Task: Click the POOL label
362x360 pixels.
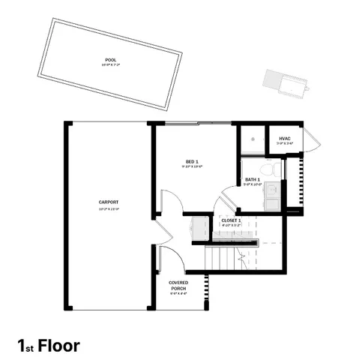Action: pyautogui.click(x=111, y=60)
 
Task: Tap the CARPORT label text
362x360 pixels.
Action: pyautogui.click(x=109, y=202)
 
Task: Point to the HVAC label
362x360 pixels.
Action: pyautogui.click(x=284, y=138)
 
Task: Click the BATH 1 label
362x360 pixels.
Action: pyautogui.click(x=253, y=179)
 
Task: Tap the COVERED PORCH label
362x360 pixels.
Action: pyautogui.click(x=178, y=285)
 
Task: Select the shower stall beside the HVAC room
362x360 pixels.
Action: pyautogui.click(x=253, y=140)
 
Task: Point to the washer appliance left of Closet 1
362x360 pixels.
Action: pyautogui.click(x=199, y=226)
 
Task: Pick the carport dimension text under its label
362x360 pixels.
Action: pyautogui.click(x=109, y=209)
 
